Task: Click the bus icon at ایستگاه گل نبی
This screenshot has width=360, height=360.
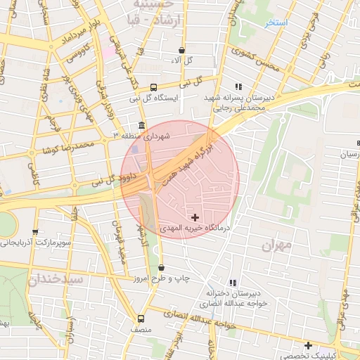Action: click(153, 88)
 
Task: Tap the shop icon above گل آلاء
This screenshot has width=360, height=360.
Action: click(182, 51)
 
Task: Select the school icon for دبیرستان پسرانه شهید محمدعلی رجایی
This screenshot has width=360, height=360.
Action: click(238, 86)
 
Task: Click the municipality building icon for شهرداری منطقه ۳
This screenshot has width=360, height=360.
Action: click(142, 126)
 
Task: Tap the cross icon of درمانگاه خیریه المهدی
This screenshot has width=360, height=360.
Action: click(195, 218)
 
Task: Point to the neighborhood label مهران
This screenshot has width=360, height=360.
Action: click(276, 245)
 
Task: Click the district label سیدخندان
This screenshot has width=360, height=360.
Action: click(56, 279)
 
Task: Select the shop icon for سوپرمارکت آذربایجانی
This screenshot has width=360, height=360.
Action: click(35, 232)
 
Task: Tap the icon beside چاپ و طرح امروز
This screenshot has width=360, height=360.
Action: click(162, 268)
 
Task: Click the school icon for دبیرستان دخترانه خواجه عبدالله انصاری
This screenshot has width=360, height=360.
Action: click(233, 283)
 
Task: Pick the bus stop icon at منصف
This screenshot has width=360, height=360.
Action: click(141, 319)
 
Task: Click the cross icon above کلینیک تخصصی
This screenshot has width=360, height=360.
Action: click(308, 345)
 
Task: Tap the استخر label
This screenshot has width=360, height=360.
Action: click(276, 23)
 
